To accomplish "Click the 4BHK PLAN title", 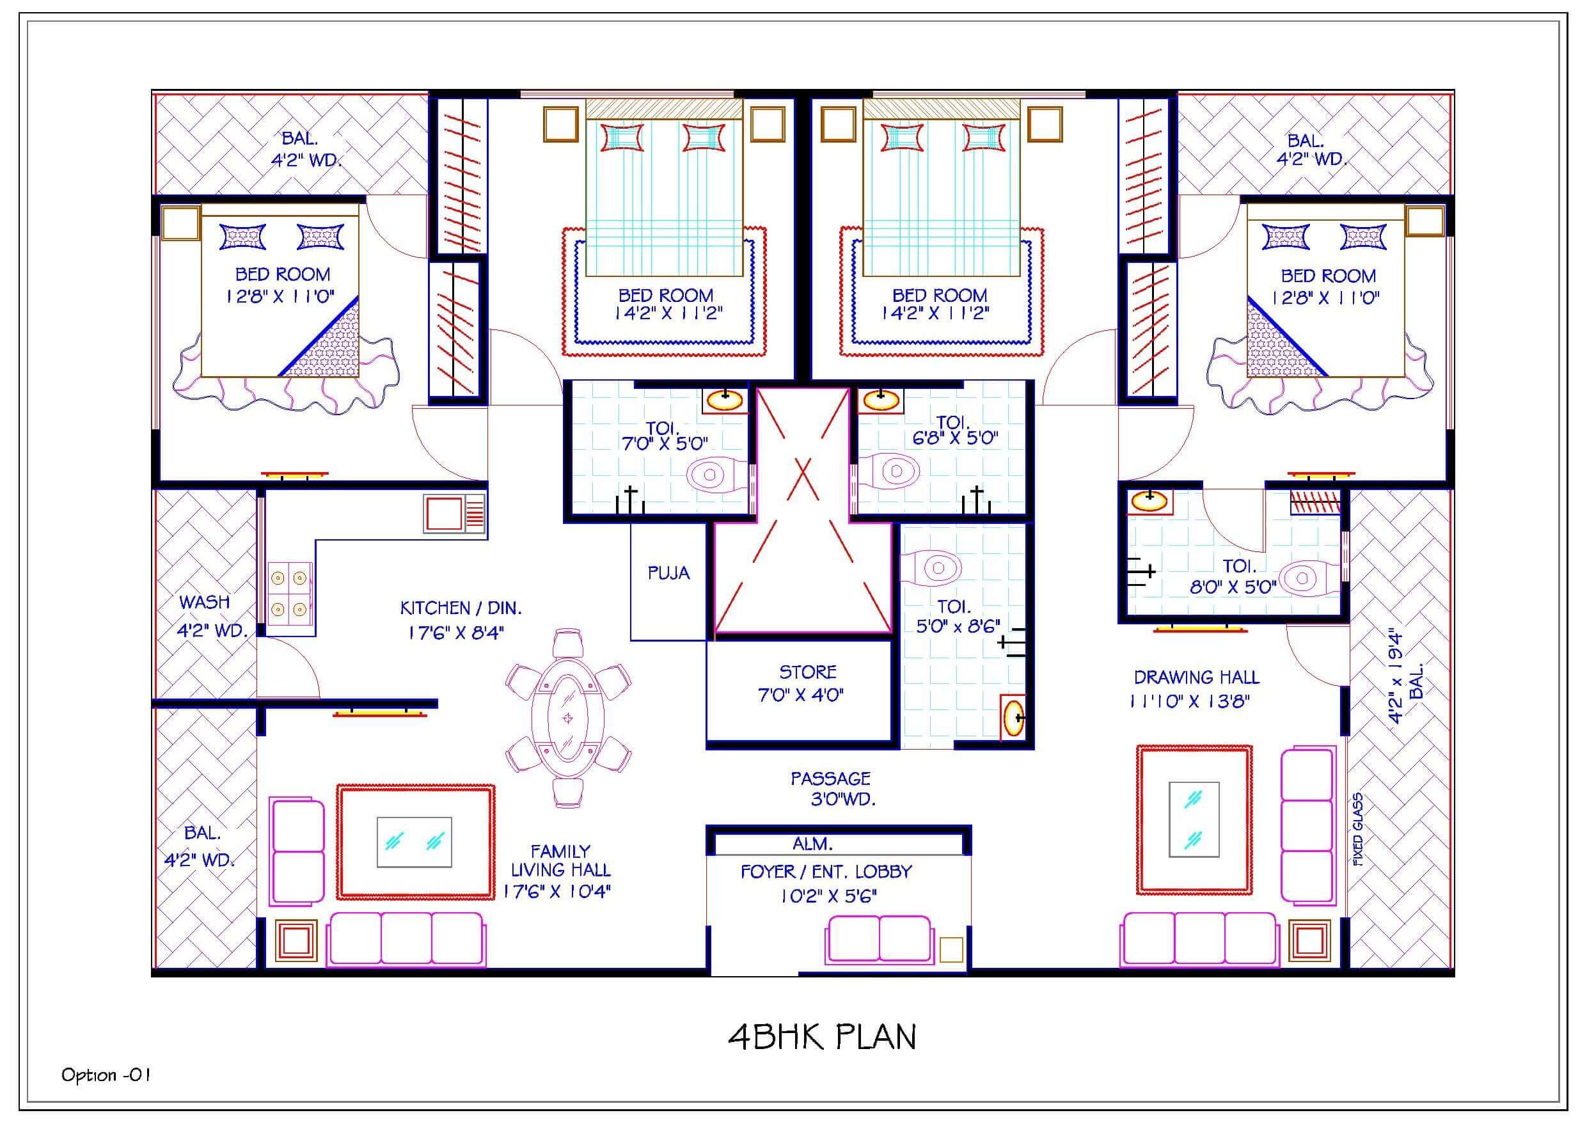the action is (x=822, y=1037).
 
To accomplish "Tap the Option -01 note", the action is (x=106, y=1075).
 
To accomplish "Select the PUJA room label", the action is (x=668, y=573).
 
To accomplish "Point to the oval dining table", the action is (x=567, y=718).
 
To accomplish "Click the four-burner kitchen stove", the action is (x=289, y=593).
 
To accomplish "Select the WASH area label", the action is (x=205, y=602).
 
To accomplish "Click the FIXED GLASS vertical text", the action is (x=1358, y=830).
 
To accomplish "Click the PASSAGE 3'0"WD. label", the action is (x=832, y=789).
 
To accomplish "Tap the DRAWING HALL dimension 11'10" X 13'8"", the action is (x=1190, y=702).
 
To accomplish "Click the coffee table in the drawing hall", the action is (x=1194, y=819).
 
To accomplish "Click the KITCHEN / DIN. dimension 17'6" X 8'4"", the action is (x=456, y=633).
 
